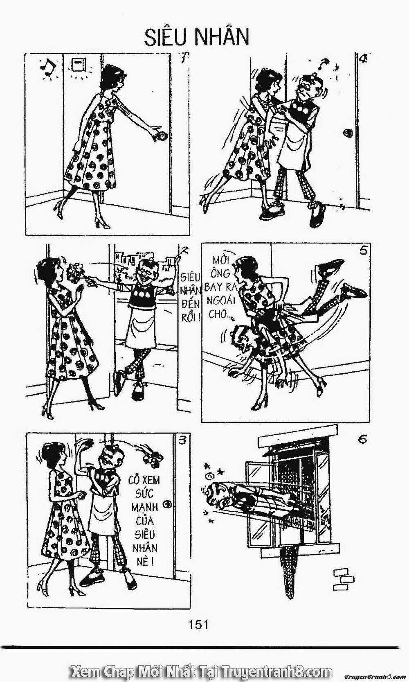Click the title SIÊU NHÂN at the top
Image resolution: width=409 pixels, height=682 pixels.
point(196,37)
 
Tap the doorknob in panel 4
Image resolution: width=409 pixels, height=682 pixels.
point(347,133)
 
